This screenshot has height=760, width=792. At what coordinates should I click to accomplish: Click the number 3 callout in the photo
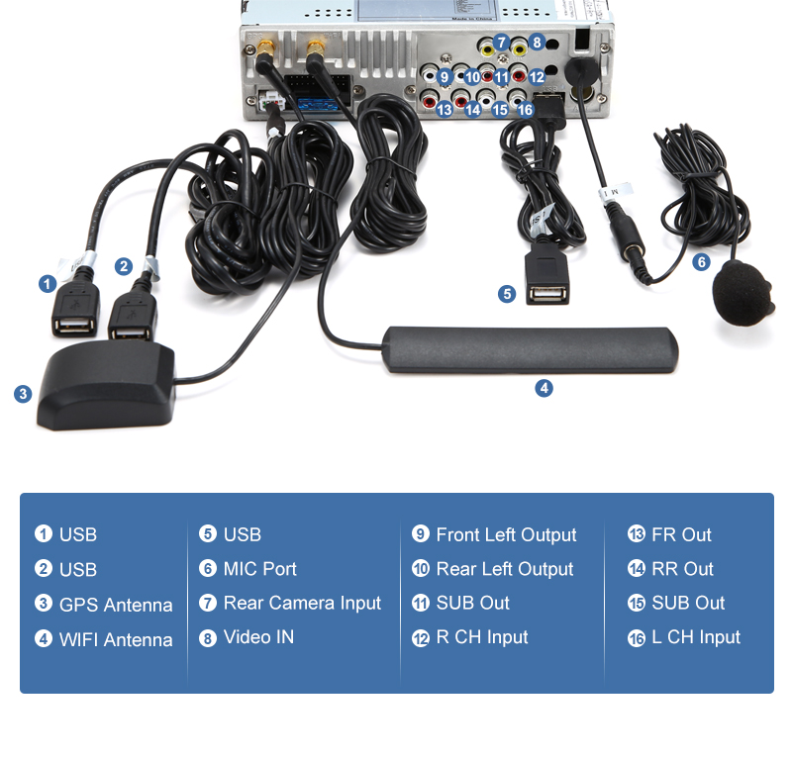[x=23, y=394]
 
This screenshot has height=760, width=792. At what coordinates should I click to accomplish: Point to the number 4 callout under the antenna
[x=544, y=388]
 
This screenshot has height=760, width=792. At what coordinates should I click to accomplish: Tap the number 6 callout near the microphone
[x=701, y=262]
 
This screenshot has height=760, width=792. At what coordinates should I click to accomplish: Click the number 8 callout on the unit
[x=536, y=43]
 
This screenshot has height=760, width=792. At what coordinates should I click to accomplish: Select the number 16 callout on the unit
[x=525, y=110]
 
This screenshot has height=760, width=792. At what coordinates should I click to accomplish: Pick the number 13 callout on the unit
[x=444, y=110]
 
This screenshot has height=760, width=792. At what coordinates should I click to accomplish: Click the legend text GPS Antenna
[x=116, y=605]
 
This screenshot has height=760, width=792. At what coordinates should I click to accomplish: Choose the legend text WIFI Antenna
[x=116, y=639]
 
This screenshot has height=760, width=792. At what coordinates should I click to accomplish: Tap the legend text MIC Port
[x=259, y=569]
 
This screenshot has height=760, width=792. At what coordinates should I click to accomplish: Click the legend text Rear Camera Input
[x=302, y=603]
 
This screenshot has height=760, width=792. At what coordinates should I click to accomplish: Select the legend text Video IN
[x=258, y=637]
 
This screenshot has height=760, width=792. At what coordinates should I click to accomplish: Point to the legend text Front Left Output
[x=506, y=534]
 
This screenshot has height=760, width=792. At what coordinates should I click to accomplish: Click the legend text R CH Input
[x=482, y=637]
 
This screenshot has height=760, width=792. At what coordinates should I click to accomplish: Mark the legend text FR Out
[x=681, y=534]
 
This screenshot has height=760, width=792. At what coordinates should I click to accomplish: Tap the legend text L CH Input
[x=696, y=637]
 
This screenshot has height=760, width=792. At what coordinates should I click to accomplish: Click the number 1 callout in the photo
[x=47, y=284]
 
